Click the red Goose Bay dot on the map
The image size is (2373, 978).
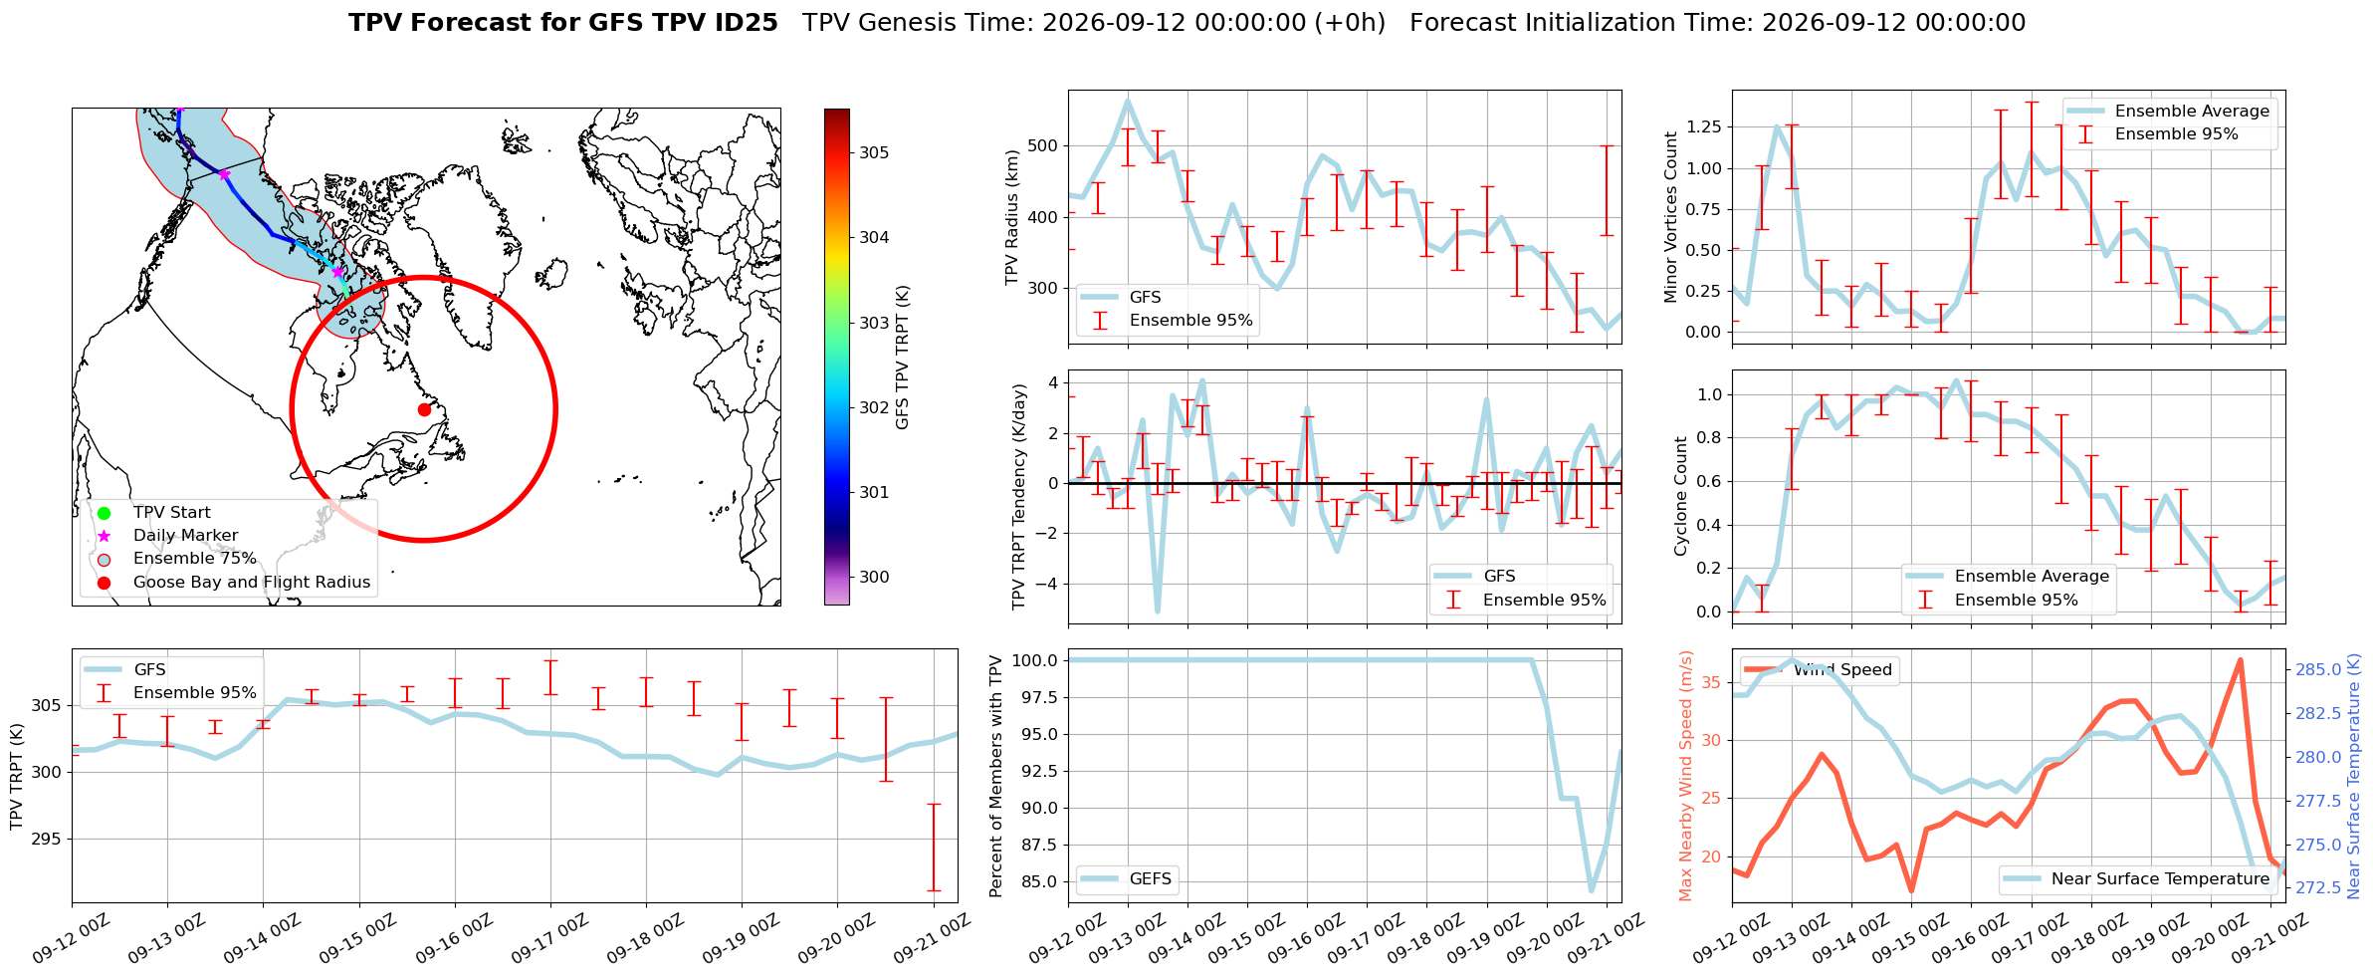tap(424, 409)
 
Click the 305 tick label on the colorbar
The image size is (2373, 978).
tap(875, 152)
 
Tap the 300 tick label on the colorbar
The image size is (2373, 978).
tap(875, 577)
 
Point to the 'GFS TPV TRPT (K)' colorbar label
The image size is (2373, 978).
tap(903, 357)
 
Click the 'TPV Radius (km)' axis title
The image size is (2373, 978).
tap(1012, 217)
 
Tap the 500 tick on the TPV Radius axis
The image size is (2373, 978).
tap(1043, 145)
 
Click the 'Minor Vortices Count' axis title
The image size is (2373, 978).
tap(1670, 217)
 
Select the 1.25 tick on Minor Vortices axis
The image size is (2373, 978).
tap(1703, 126)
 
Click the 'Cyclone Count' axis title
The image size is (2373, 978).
tap(1680, 496)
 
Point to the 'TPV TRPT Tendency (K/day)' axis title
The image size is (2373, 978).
tap(1018, 496)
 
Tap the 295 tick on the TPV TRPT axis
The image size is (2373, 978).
tap(46, 839)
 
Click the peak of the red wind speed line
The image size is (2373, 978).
tap(2240, 660)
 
